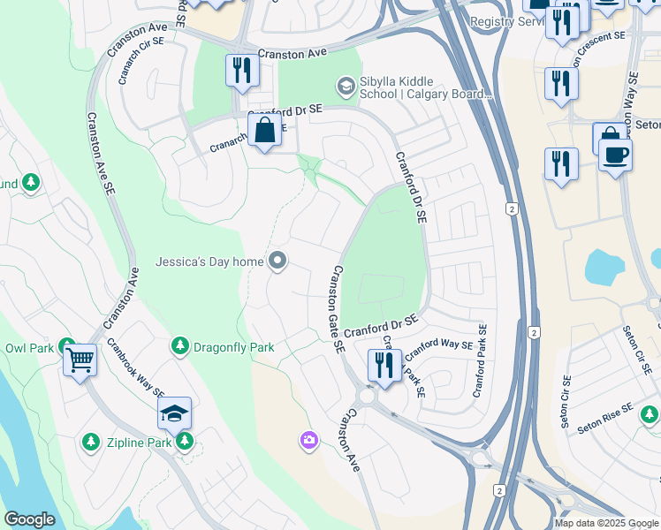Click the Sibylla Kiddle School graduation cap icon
[345, 86]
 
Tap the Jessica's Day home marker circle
[277, 261]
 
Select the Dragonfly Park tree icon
[180, 345]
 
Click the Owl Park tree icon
[65, 347]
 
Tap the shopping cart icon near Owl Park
[80, 360]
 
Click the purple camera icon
[308, 440]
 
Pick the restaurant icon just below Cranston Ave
[242, 71]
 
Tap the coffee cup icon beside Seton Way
[615, 154]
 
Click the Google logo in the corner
[28, 519]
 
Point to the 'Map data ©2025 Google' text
[605, 523]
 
